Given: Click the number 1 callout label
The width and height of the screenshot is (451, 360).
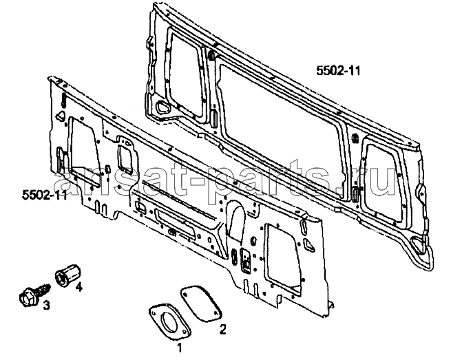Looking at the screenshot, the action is [x=179, y=348].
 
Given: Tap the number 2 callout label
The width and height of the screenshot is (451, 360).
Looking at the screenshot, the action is [x=223, y=330].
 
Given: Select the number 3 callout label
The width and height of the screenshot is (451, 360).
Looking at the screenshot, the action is [x=46, y=305].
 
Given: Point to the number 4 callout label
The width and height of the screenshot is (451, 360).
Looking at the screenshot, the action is [x=78, y=286].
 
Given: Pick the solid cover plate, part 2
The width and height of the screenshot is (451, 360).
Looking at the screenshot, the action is [x=200, y=304].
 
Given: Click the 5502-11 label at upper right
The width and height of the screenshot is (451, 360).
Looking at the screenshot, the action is [x=338, y=70].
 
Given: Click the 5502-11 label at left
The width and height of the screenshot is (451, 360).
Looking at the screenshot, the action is [x=45, y=195].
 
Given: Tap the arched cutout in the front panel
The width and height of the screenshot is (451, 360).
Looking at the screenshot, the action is [x=236, y=220].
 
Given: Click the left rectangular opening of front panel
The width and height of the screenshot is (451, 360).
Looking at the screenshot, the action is [x=81, y=151].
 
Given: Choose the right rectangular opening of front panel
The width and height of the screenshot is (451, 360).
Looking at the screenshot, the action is [x=283, y=255].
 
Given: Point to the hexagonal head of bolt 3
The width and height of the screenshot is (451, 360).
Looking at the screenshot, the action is [x=26, y=297].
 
